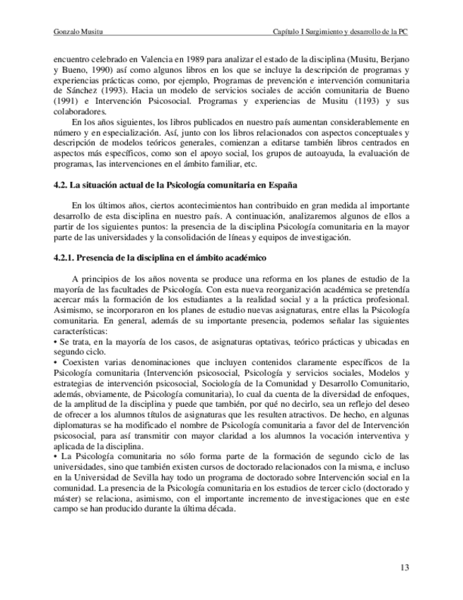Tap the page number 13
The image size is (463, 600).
click(x=404, y=568)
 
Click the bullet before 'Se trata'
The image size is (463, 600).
click(x=54, y=341)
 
